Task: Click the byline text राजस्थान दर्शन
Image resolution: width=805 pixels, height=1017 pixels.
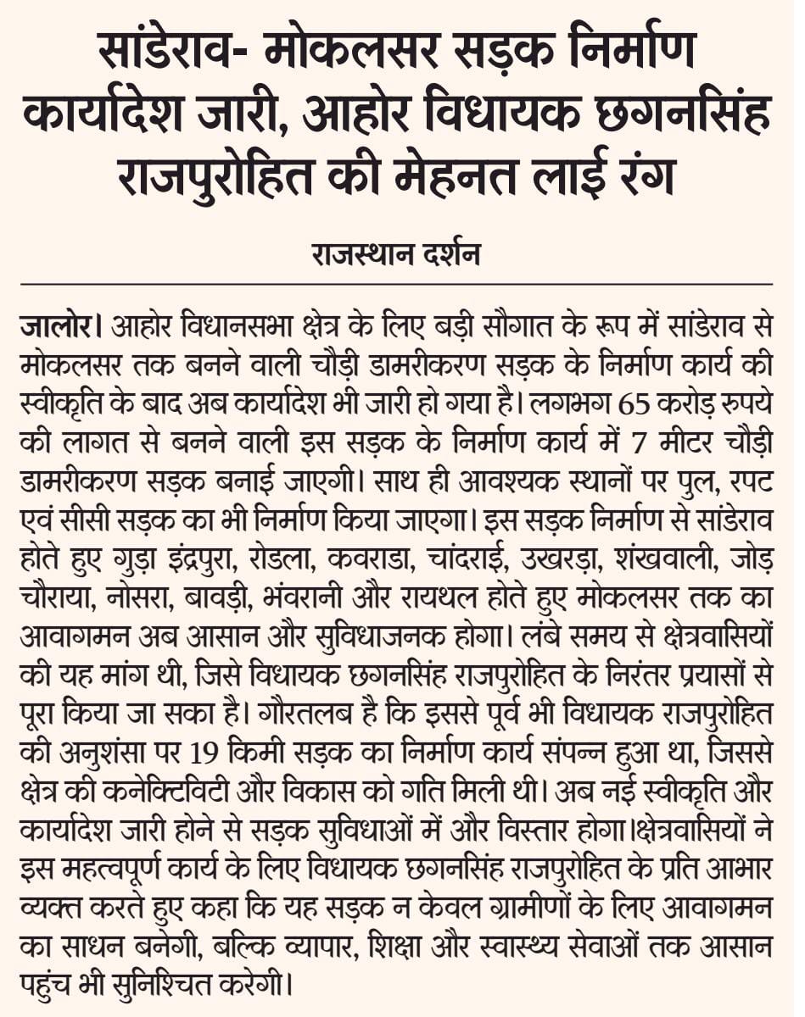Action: pyautogui.click(x=402, y=253)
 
